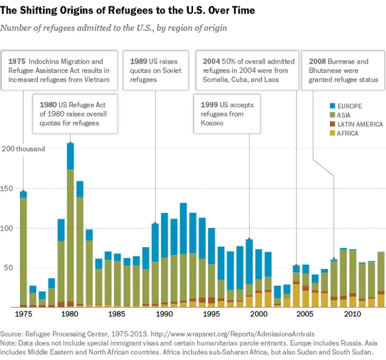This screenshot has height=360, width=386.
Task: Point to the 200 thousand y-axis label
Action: click(23, 149)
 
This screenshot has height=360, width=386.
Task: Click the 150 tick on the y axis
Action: click(8, 188)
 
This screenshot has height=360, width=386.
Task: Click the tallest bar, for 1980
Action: click(70, 224)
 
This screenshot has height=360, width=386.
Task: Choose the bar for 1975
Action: click(23, 249)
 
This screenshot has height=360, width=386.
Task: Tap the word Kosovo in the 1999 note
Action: click(213, 123)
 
